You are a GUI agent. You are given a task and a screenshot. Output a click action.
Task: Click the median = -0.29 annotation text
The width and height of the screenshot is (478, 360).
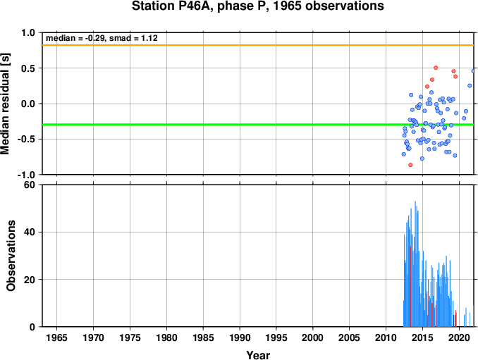pos(75,38)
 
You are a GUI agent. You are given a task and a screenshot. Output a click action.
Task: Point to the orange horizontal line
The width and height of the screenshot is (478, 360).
pos(258,45)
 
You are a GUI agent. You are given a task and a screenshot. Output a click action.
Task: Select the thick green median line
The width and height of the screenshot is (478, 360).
pos(258,124)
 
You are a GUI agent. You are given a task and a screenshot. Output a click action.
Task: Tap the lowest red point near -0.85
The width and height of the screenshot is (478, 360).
pos(410,165)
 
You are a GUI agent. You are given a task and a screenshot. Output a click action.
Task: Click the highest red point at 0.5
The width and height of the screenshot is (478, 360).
pos(436,68)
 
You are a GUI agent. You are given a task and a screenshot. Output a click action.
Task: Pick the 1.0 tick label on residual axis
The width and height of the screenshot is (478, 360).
pos(28,32)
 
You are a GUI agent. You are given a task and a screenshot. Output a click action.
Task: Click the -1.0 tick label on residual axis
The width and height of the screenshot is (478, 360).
pos(27,175)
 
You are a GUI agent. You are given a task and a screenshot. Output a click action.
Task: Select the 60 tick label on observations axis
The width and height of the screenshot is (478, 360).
pos(30,185)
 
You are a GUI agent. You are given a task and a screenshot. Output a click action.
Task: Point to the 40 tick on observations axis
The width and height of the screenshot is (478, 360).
pos(30,232)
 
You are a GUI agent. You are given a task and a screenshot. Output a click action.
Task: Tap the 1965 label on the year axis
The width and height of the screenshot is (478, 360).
pos(56,337)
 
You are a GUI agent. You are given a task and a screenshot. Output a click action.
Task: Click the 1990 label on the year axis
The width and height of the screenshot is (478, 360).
pos(240,337)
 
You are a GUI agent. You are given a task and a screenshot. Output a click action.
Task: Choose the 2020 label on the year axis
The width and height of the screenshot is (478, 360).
pos(459,337)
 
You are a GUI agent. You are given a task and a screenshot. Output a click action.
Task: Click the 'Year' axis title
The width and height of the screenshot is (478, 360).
pos(258,355)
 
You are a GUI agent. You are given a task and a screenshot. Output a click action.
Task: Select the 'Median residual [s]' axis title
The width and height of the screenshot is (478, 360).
pos(5,104)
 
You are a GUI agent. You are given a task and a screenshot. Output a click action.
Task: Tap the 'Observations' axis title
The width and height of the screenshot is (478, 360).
pos(11,256)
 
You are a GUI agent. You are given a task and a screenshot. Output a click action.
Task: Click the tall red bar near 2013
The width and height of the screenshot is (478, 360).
pos(410,286)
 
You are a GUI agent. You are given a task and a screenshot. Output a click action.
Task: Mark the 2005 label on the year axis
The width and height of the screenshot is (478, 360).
pos(350,337)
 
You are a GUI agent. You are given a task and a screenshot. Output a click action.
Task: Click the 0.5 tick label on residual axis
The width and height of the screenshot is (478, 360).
pos(28,68)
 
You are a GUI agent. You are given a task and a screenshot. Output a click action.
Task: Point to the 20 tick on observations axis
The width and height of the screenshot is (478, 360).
pos(30,280)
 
